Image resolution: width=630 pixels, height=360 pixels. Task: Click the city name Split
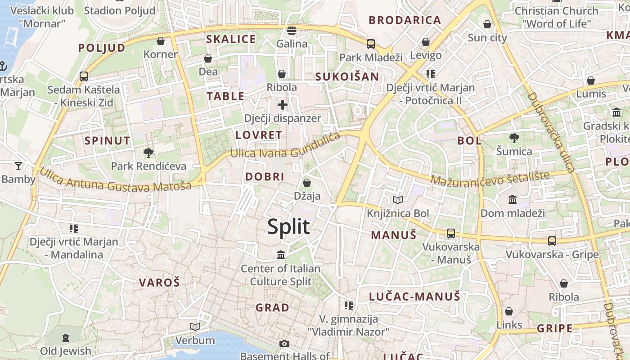(288, 227)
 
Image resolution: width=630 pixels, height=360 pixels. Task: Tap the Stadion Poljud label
(120, 10)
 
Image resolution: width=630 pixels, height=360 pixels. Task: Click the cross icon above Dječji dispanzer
(283, 105)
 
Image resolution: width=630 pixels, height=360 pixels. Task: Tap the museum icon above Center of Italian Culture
(281, 255)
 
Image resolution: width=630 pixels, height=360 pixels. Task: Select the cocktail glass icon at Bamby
(18, 166)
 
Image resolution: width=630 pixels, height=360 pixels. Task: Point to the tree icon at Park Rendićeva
(148, 153)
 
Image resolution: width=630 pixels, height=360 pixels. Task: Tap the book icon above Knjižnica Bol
(398, 200)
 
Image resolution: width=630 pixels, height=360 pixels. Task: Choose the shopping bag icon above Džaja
(307, 183)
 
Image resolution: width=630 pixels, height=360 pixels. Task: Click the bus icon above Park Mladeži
(371, 44)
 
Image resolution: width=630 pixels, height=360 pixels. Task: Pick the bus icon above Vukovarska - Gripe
(552, 241)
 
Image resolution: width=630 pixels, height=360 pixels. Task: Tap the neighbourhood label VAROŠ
(159, 283)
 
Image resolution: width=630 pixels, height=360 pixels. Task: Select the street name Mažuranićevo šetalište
(490, 178)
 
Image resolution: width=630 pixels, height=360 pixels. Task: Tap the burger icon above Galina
(292, 31)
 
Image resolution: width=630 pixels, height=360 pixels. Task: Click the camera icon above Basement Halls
(284, 344)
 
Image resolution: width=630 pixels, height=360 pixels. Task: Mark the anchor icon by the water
(3, 67)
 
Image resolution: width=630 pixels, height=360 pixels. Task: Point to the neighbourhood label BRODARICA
(405, 20)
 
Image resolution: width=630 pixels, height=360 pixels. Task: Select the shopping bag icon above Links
(509, 311)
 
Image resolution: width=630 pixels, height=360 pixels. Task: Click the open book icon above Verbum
(195, 327)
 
